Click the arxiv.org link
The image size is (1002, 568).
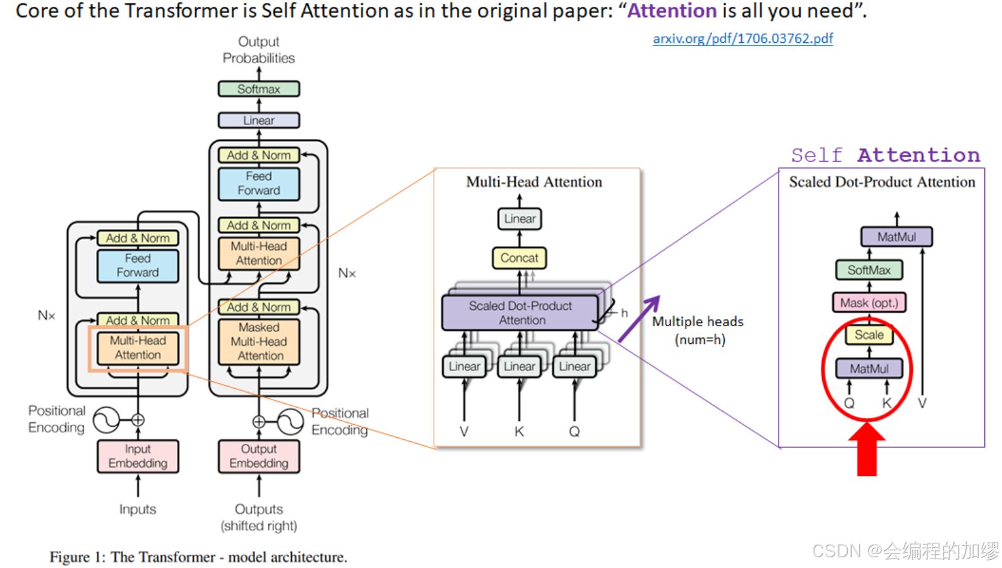point(743,38)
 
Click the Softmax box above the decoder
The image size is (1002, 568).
point(259,89)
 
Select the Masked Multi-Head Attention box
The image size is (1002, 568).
point(259,341)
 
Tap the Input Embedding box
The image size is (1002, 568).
point(138,456)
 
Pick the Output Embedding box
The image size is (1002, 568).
point(259,456)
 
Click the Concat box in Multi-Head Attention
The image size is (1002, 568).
point(519,257)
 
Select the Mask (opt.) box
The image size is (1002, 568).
point(869,303)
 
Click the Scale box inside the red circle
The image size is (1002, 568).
point(869,334)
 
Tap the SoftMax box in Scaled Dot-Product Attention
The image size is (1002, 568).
point(869,270)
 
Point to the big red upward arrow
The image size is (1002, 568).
point(867,449)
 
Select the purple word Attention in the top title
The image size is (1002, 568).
point(672,11)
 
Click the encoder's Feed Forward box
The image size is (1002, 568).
point(138,266)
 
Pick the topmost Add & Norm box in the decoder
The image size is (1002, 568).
point(259,155)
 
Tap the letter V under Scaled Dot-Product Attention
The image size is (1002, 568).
point(922,403)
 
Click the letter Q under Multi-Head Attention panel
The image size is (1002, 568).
point(574,432)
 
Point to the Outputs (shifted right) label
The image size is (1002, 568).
point(259,517)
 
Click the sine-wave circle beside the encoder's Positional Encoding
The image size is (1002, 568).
point(106,420)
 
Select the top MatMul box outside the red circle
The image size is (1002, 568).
point(897,237)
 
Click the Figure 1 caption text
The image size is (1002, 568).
point(198,557)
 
